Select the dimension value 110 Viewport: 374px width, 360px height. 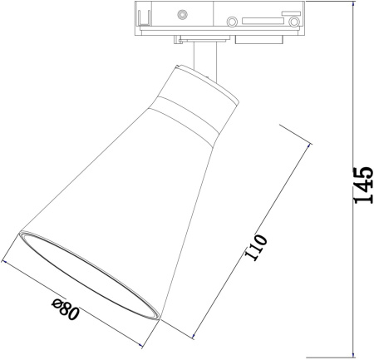click(x=257, y=248)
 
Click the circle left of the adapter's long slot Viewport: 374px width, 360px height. click(x=232, y=22)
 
